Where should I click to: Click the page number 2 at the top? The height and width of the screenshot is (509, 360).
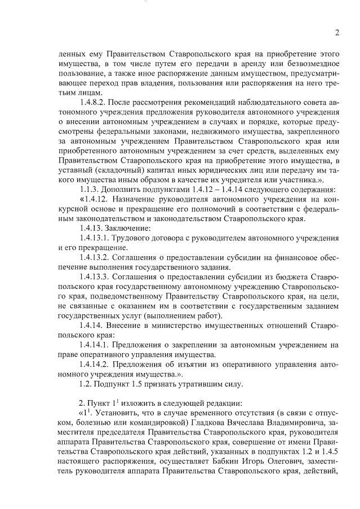coord(336,33)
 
